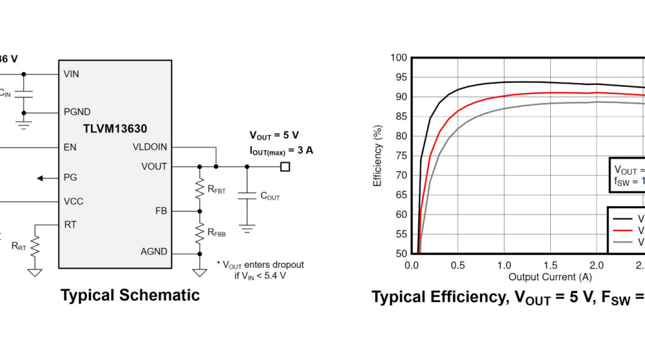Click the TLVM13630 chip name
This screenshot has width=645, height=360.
click(114, 128)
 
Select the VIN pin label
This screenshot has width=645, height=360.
click(71, 74)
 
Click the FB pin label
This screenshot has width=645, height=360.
click(161, 211)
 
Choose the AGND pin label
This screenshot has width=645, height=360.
click(153, 252)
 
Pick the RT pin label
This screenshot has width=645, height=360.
click(70, 225)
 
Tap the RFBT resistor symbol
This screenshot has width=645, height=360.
click(199, 189)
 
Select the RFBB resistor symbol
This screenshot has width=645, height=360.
click(199, 232)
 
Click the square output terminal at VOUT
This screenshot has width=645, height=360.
click(285, 167)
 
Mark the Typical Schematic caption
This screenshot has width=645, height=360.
click(130, 295)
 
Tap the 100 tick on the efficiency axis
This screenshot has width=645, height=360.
click(399, 58)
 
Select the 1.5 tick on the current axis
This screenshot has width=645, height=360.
click(550, 265)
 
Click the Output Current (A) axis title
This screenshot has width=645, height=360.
click(550, 277)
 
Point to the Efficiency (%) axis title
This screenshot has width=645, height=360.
click(378, 156)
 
